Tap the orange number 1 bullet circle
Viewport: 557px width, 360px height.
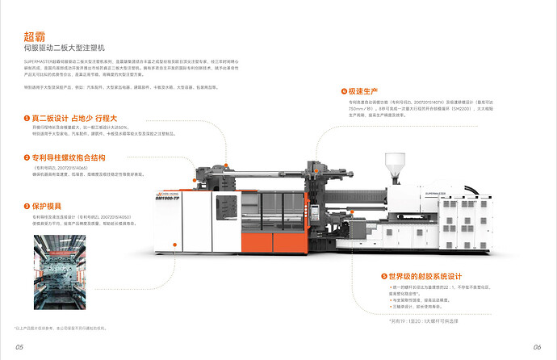point(27,118)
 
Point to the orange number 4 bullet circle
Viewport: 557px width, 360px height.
point(344,91)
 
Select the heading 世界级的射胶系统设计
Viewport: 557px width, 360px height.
point(429,276)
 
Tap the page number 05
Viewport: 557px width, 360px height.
point(19,346)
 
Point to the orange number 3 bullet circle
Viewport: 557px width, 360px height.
point(27,206)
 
